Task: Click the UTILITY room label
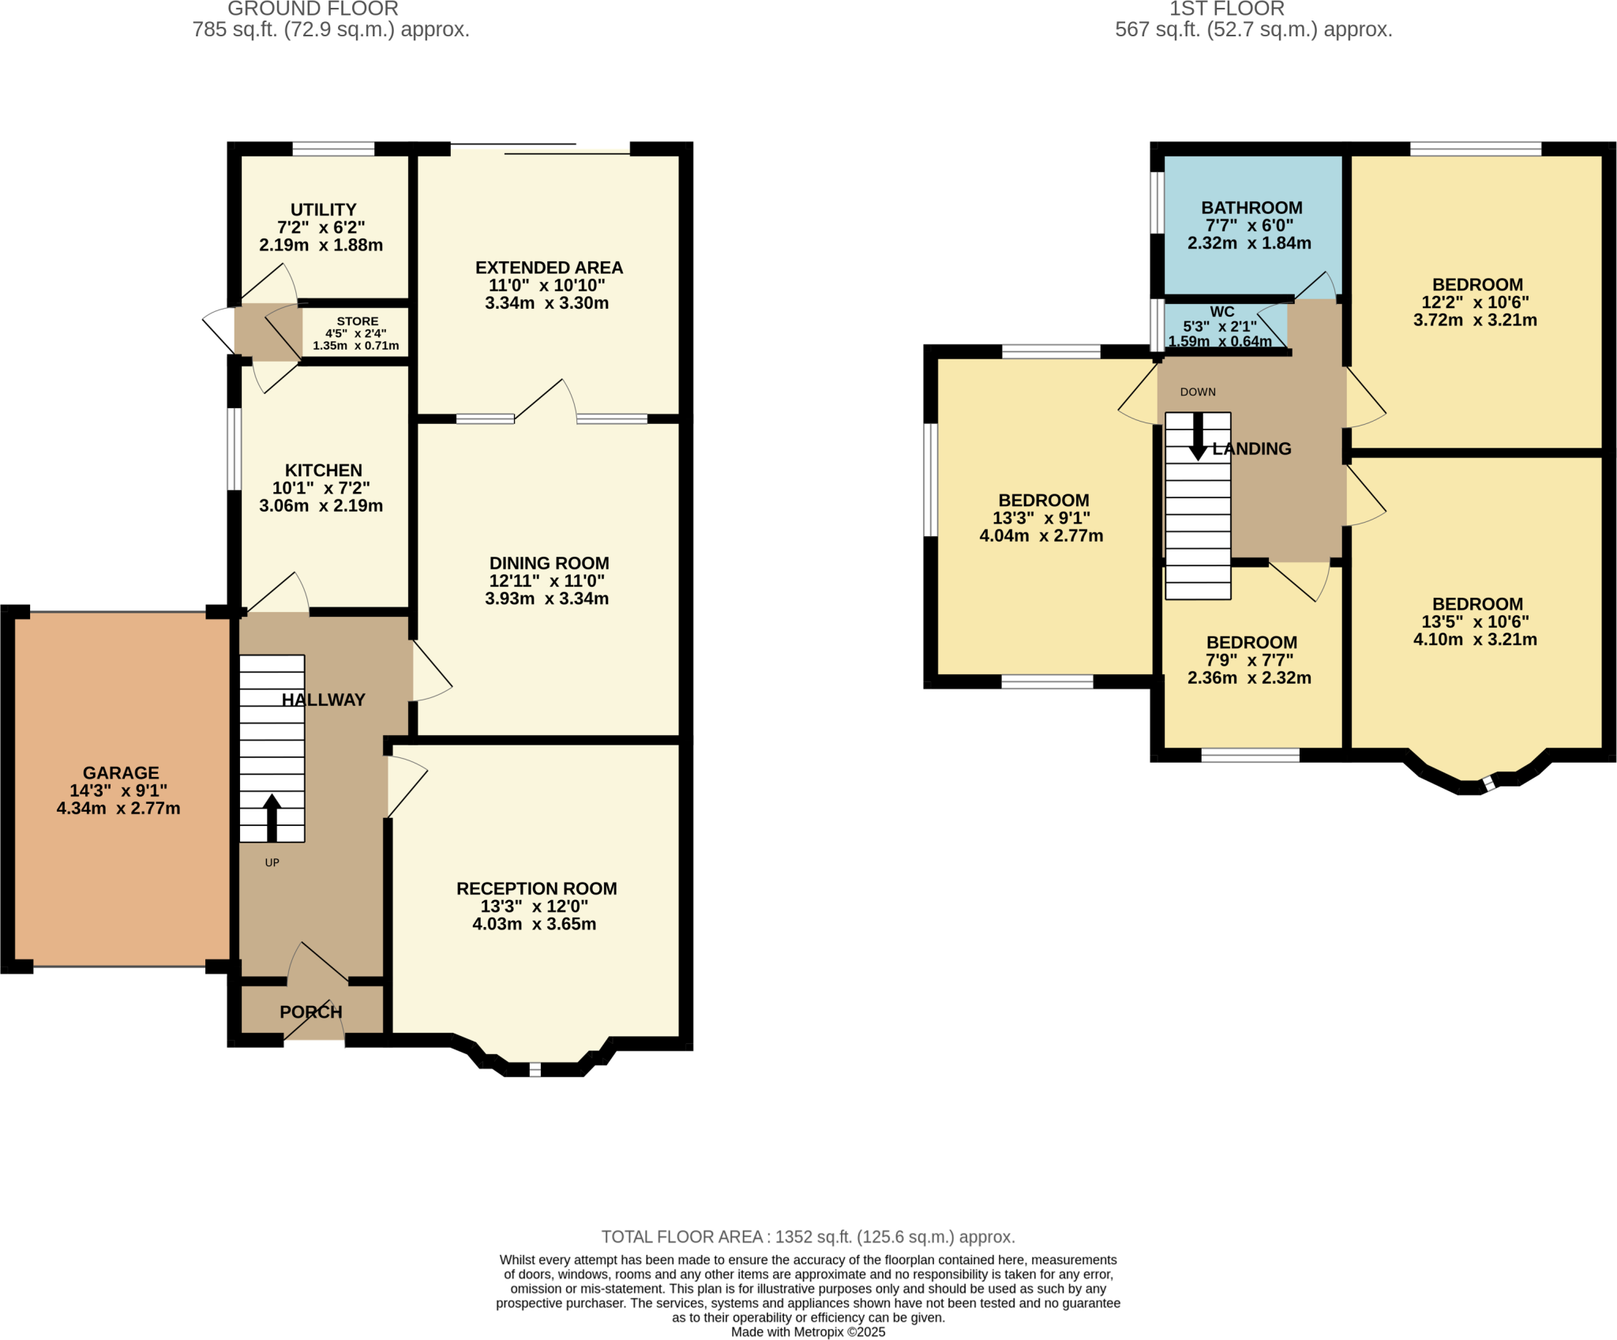(x=323, y=210)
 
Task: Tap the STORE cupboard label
(x=357, y=321)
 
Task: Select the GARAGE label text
(x=121, y=773)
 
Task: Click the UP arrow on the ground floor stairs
(x=272, y=817)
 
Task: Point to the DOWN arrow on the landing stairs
(x=1198, y=437)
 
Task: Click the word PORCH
(x=310, y=1012)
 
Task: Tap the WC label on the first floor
(x=1221, y=312)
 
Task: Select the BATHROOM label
(x=1251, y=208)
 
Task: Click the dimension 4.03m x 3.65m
(x=535, y=924)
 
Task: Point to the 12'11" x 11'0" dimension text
(x=546, y=581)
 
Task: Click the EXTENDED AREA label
(x=549, y=268)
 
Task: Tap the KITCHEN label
(x=323, y=471)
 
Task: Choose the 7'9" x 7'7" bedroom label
(x=1251, y=643)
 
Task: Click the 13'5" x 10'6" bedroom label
(x=1476, y=604)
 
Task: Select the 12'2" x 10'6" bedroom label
(x=1476, y=285)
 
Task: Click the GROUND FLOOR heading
(x=313, y=9)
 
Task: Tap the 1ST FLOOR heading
(x=1226, y=9)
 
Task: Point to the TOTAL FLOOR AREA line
(x=808, y=1237)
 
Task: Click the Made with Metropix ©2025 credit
(x=808, y=1332)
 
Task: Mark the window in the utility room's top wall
(x=333, y=149)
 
